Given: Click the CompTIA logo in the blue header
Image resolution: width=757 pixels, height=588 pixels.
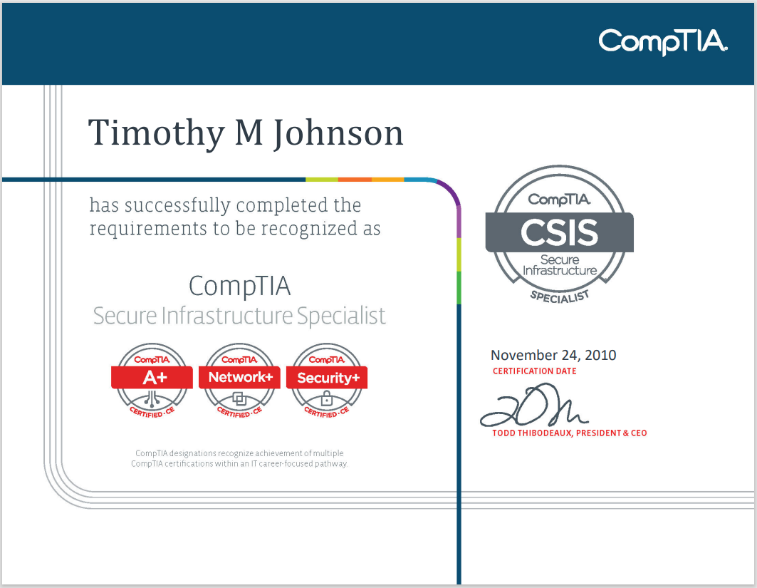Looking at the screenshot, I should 662,42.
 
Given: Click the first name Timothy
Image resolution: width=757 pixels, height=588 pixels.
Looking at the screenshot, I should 157,133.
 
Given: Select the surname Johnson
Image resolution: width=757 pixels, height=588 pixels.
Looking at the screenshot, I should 338,133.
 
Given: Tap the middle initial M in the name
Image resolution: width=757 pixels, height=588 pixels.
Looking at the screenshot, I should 249,133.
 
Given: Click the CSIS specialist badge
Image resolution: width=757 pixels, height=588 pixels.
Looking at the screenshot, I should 559,234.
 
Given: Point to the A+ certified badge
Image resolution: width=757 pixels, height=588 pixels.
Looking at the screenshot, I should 152,380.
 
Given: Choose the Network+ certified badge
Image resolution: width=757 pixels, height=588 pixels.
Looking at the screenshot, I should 240,380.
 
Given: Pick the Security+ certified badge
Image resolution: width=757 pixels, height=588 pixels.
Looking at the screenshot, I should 328,380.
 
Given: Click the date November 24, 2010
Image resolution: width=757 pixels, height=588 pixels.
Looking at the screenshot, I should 553,355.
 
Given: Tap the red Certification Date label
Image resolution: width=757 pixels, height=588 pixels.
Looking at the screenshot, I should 535,371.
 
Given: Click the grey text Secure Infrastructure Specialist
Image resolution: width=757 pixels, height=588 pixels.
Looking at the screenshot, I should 239,316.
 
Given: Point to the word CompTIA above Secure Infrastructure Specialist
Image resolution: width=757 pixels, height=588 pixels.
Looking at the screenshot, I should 239,287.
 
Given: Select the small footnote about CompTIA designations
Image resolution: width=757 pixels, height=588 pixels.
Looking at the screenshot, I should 239,458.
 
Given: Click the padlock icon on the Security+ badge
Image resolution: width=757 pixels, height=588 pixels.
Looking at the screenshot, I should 327,398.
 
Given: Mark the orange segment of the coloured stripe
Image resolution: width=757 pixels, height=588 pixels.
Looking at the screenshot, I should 355,179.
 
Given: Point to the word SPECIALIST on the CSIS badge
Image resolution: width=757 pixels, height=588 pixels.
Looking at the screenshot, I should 560,295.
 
